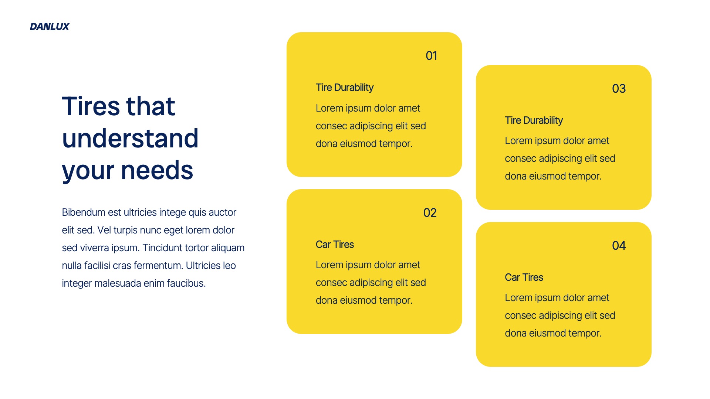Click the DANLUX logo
pos(50,27)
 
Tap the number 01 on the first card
pos(431,56)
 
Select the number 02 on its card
pos(430,213)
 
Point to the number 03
pos(619,89)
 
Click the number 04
pos(619,246)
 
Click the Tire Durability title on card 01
pos(344,88)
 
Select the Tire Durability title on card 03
pos(534,120)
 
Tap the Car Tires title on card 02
pos(335,245)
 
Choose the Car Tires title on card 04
pos(524,277)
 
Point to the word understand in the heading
pos(130,139)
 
